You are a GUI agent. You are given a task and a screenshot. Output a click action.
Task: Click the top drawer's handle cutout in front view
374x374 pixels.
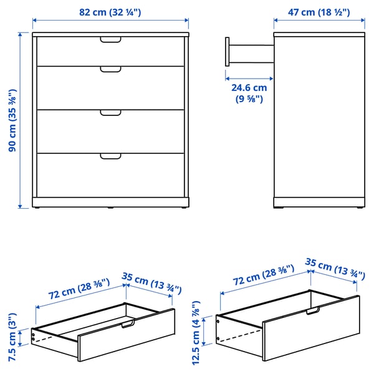coord(111,41)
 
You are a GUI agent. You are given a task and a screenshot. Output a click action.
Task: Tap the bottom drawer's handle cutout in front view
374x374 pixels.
coord(111,156)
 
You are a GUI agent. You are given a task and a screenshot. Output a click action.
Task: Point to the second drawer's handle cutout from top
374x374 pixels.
coord(111,69)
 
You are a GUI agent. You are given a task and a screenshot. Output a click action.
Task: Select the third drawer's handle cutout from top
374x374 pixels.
coord(111,113)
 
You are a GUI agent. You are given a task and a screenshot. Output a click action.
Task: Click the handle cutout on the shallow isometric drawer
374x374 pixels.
coord(127,324)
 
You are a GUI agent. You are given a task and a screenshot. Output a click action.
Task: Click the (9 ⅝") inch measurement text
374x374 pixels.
coord(247,98)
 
